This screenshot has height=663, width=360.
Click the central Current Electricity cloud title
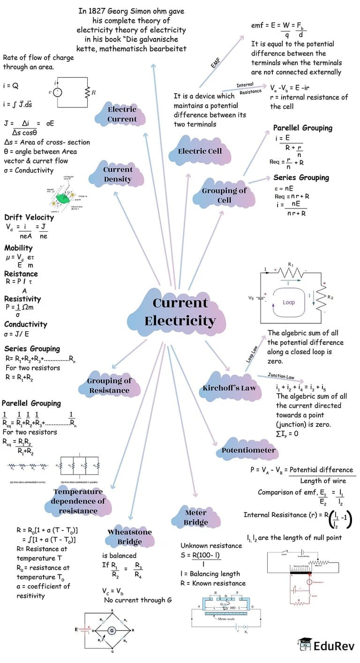point(180,312)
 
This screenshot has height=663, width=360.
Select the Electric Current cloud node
point(122,114)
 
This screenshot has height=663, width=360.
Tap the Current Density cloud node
point(118,174)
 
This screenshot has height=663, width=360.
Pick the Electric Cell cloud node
point(200,151)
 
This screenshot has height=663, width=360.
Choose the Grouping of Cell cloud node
point(224,195)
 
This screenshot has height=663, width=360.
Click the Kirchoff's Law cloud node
point(229,388)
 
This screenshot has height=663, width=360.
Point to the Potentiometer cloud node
point(248,450)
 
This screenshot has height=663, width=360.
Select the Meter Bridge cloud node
point(195,517)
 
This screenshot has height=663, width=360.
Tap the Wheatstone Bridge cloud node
point(130,537)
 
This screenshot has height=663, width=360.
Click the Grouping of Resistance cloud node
point(109,385)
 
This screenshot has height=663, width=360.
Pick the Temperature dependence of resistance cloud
point(78,501)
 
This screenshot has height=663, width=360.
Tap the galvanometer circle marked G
point(112,631)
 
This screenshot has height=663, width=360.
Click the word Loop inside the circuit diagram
point(289,302)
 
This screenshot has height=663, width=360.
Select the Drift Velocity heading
point(29,217)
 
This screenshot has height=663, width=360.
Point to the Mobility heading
point(18,248)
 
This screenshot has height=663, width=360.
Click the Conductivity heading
point(26,324)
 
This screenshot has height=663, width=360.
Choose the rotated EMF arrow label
point(215,61)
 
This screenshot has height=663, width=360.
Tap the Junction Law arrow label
point(281,376)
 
